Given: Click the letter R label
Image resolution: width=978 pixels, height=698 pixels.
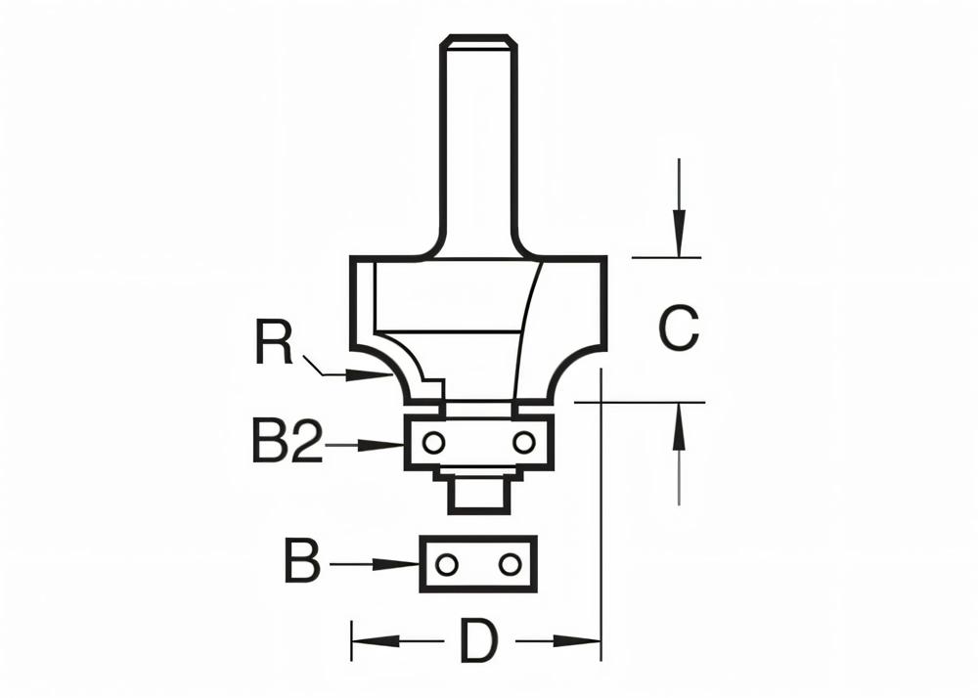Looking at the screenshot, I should pyautogui.click(x=275, y=343).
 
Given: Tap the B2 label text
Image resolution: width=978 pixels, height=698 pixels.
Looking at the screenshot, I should pyautogui.click(x=287, y=445).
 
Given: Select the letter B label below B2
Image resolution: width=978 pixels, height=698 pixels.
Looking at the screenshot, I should pyautogui.click(x=302, y=563).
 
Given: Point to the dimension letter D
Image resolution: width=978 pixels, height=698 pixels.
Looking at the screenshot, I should pyautogui.click(x=479, y=642).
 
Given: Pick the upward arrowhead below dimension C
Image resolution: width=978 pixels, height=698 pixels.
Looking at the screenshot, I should pyautogui.click(x=678, y=421).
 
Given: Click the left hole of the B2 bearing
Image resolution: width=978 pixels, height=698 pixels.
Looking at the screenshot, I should pyautogui.click(x=434, y=443).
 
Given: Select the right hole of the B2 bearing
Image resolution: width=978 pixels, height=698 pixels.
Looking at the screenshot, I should pyautogui.click(x=524, y=443).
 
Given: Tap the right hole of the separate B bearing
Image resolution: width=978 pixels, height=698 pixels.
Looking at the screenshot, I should pyautogui.click(x=509, y=564).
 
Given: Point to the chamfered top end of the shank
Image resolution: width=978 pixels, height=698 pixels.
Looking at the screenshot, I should pyautogui.click(x=479, y=40).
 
